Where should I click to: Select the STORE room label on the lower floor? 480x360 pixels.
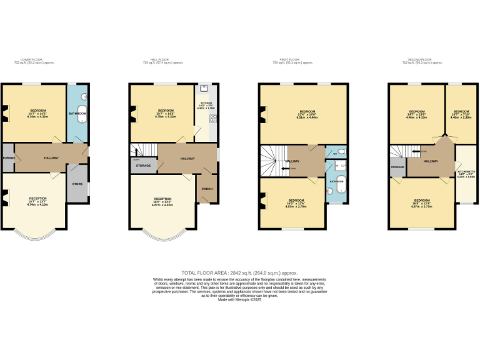click(x=78, y=184)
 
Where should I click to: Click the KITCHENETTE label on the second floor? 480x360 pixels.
click(x=466, y=171)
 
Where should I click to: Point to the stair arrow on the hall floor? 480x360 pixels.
click(x=137, y=152)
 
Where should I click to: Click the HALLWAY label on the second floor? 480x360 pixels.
click(x=431, y=161)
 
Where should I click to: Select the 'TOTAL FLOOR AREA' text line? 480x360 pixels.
click(x=239, y=273)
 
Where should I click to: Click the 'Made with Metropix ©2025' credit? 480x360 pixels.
click(x=239, y=299)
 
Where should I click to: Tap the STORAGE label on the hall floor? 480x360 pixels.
click(x=143, y=166)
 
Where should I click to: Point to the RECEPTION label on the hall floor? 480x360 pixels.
click(x=162, y=199)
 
